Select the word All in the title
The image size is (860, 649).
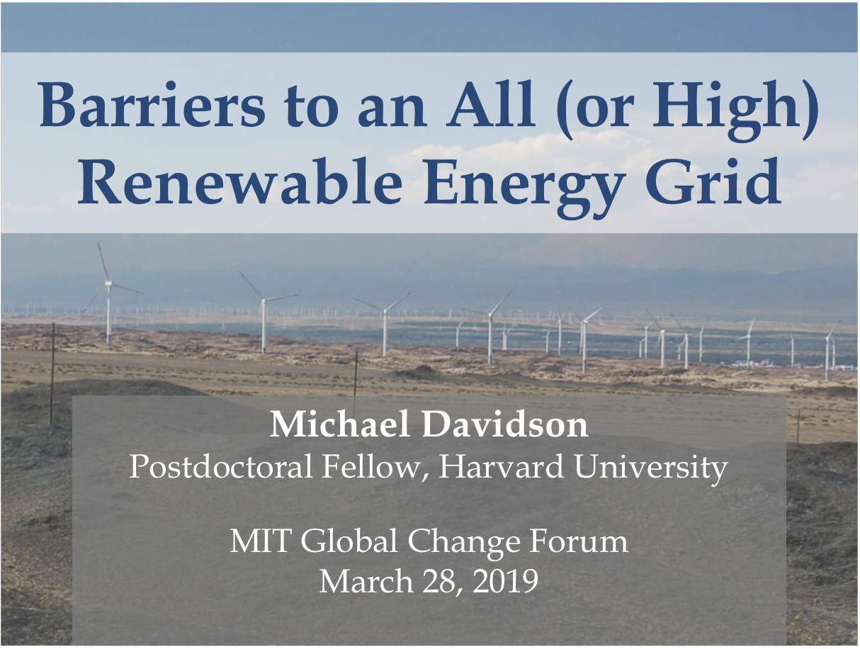pos(492,104)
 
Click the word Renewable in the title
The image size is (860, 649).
pos(240,182)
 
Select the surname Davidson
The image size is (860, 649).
pos(505,425)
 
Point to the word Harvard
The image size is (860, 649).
pos(501,467)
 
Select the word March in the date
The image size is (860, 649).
pos(366,581)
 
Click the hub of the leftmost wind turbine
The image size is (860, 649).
pos(108,283)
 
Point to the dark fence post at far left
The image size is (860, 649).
pos(52,373)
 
